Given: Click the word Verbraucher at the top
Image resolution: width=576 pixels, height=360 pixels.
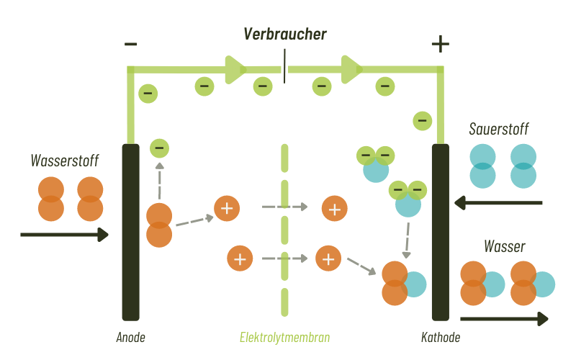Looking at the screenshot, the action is (285, 34).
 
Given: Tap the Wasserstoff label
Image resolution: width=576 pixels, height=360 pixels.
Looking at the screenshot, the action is (65, 161).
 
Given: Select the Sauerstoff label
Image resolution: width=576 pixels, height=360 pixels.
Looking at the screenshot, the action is (498, 129).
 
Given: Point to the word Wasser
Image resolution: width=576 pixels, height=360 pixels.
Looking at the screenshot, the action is (505, 246).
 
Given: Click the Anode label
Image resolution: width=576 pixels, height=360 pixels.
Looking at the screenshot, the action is (130, 337).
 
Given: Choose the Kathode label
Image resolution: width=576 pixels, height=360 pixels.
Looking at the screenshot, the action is (441, 337).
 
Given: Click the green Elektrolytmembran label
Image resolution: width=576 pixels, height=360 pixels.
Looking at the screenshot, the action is (284, 337).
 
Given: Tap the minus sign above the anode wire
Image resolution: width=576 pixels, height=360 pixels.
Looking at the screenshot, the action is (130, 44).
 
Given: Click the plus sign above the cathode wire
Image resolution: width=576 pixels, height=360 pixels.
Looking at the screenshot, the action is (441, 44).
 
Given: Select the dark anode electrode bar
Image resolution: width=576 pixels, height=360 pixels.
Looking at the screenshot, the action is (131, 232).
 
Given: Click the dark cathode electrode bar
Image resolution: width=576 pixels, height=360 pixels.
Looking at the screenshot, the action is (441, 232).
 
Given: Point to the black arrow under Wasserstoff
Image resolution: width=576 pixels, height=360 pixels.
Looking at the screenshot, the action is (64, 235).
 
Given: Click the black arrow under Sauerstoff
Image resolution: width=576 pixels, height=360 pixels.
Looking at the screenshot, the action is (498, 202).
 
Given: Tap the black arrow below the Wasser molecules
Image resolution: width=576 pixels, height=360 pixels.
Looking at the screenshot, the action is (504, 318).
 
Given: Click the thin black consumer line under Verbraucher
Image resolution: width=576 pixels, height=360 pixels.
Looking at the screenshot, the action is (284, 66).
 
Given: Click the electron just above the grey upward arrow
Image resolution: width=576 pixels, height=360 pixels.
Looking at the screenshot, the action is (159, 148).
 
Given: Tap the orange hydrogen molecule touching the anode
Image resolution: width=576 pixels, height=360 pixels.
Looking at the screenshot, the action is (159, 225).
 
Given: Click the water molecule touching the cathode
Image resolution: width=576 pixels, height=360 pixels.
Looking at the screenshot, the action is (404, 283).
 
